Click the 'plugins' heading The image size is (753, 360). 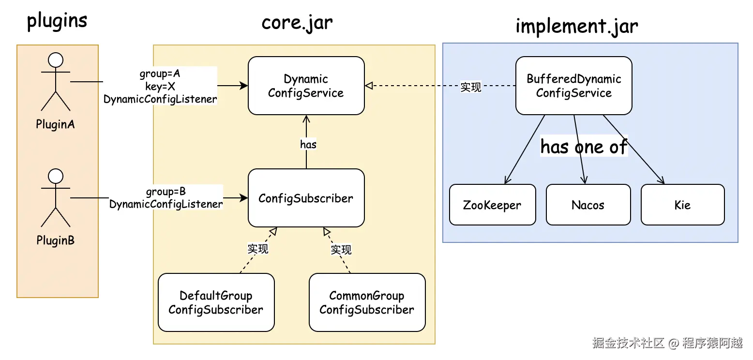pos(57,21)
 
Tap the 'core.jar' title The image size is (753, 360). pos(297,23)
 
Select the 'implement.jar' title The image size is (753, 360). pos(577,26)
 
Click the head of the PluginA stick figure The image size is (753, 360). pos(56,60)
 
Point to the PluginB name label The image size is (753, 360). pos(56,240)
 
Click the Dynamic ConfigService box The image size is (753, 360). pos(306,86)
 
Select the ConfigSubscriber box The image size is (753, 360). pos(306,198)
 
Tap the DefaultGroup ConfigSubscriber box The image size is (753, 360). pos(216,302)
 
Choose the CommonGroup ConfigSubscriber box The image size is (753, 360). pos(367,302)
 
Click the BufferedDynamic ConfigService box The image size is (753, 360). pos(574,86)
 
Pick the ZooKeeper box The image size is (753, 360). pos(493,205)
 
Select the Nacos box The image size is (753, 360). pos(588,205)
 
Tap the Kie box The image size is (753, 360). pos(683,205)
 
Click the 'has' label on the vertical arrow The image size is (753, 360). pos(308,145)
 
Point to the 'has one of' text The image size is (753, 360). pos(584,147)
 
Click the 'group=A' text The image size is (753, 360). pos(160,74)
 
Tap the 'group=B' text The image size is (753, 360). pos(166,192)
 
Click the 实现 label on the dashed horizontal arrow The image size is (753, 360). pos(470,87)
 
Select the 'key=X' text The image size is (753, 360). pos(160,87)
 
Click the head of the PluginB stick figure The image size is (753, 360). pos(56,176)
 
